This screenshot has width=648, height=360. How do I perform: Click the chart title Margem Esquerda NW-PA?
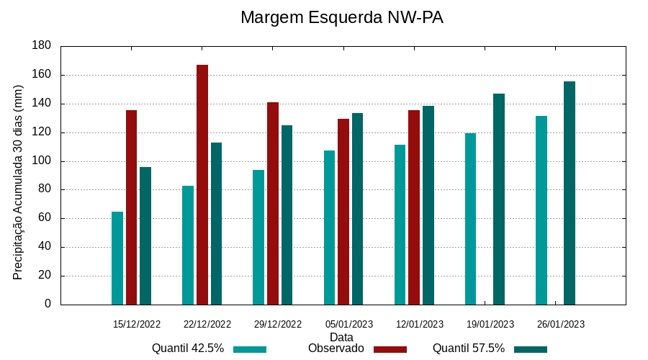click(341, 17)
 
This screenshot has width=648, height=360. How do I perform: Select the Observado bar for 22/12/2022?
click(202, 184)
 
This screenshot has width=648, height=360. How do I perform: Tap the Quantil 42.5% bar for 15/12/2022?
click(117, 258)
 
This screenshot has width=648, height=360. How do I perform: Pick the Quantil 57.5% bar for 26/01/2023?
click(570, 193)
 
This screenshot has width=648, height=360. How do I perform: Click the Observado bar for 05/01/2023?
click(343, 212)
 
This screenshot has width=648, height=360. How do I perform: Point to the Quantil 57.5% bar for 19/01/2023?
click(499, 199)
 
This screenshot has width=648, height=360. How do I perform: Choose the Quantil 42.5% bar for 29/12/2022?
click(258, 237)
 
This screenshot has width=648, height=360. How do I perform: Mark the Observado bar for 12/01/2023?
click(414, 207)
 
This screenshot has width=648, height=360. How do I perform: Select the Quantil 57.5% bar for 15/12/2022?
click(145, 235)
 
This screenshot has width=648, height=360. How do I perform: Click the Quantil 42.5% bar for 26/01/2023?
click(541, 210)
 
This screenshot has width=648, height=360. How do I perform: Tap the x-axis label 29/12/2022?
click(278, 324)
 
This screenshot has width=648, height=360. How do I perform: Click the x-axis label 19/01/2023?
click(490, 324)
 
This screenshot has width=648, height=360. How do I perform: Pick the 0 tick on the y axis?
click(48, 305)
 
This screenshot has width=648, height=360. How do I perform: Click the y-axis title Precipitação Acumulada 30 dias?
click(19, 182)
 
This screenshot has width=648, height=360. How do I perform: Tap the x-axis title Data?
click(341, 337)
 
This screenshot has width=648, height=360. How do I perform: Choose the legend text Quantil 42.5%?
click(188, 348)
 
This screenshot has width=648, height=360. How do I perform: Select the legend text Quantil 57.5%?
click(469, 348)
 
